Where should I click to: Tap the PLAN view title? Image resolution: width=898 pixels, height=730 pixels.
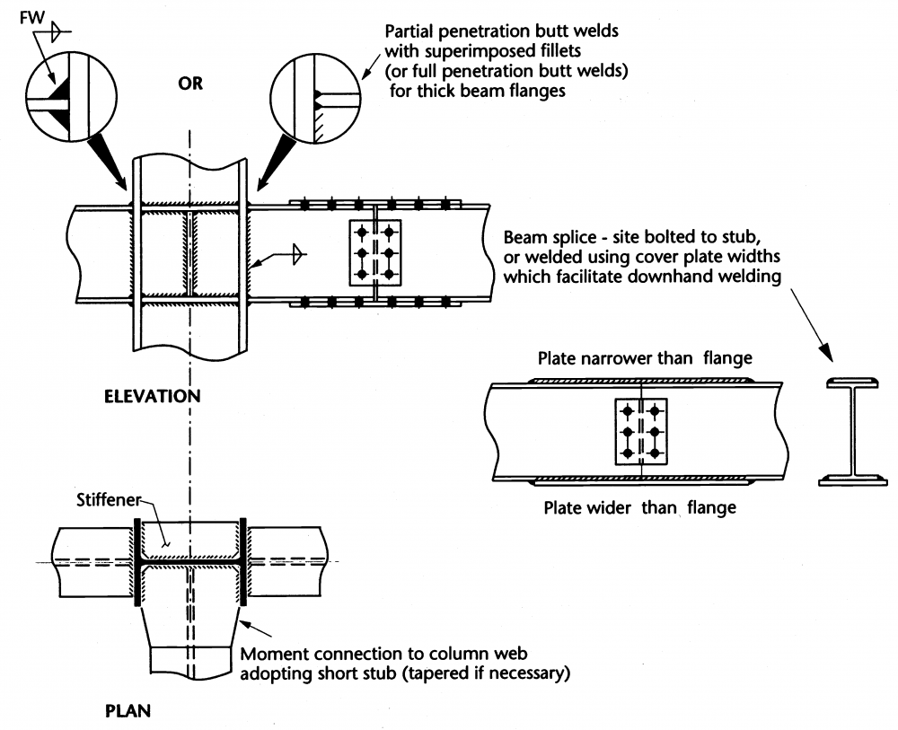[127, 711]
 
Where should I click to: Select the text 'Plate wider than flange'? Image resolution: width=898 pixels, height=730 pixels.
[640, 508]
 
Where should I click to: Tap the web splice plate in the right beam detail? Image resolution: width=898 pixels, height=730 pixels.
[640, 432]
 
